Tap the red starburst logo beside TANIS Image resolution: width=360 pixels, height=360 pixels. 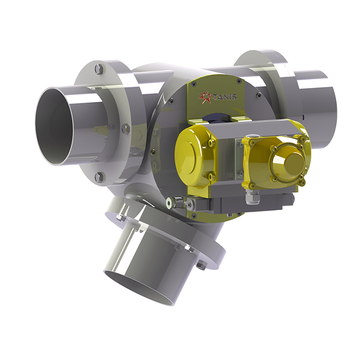point(205,97)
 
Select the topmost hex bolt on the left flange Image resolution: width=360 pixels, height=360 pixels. point(99,68)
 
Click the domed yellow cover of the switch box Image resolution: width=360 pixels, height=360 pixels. point(291,165)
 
